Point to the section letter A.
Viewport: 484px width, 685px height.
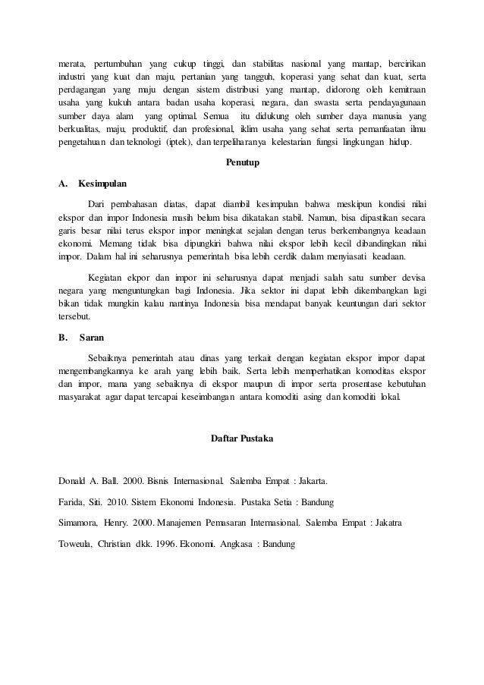[62, 183]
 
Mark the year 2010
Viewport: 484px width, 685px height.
[112, 502]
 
